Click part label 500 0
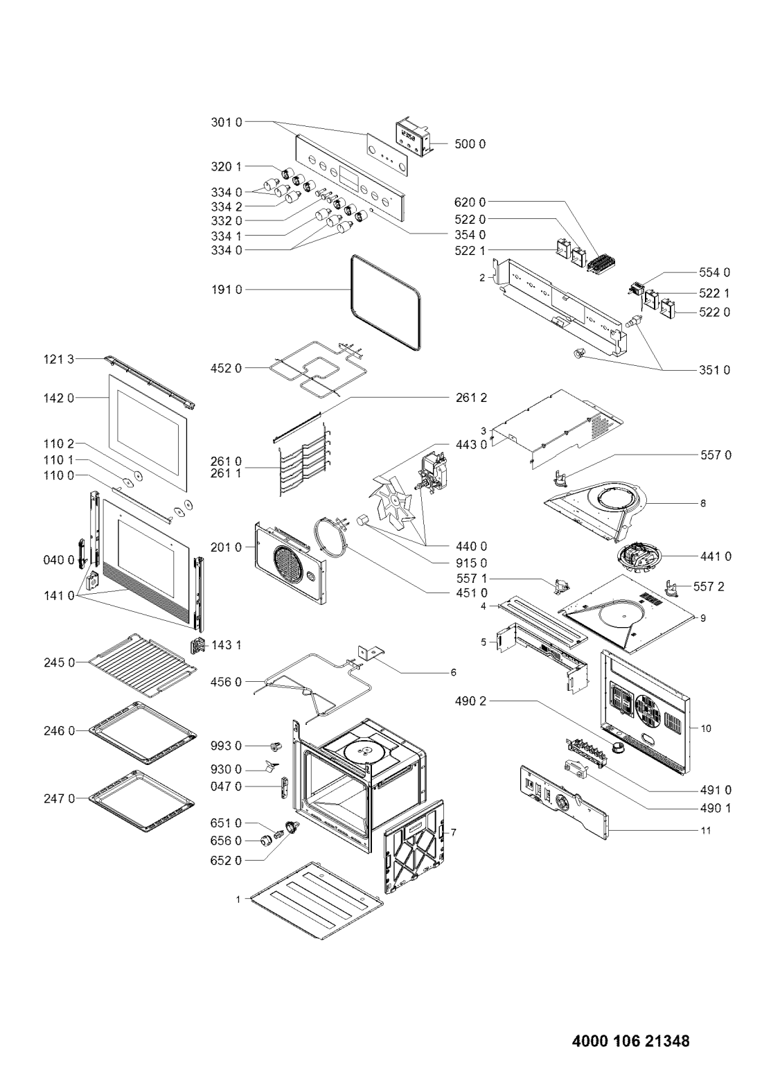[470, 144]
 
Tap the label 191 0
[227, 290]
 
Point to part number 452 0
[227, 368]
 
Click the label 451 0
[471, 593]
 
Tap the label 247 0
[59, 799]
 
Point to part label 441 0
[716, 556]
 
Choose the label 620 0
[470, 202]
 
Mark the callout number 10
[706, 728]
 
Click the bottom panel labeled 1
[318, 900]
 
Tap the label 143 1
[227, 646]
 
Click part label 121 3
[59, 359]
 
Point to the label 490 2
[470, 701]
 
